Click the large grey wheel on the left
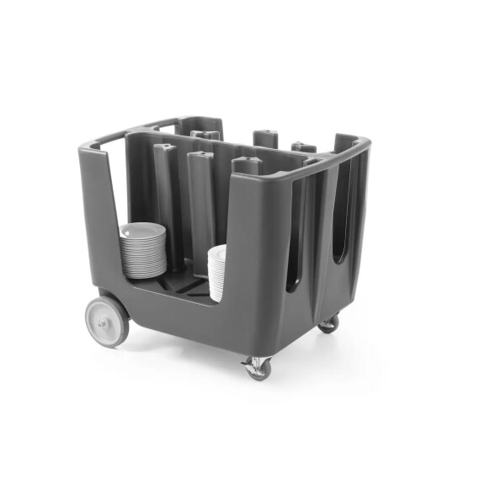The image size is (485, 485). pyautogui.click(x=107, y=320)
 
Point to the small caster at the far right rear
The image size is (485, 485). pyautogui.click(x=328, y=323)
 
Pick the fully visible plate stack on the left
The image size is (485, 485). pyautogui.click(x=143, y=250)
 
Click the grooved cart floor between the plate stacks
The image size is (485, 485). pyautogui.click(x=187, y=286)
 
